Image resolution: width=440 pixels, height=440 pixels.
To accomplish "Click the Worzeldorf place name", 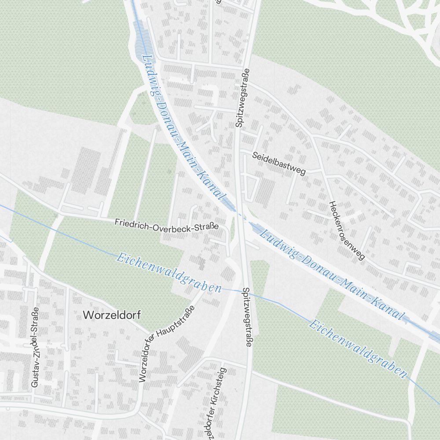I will click(x=106, y=315).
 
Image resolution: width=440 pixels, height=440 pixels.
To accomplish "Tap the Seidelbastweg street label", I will click(x=279, y=163).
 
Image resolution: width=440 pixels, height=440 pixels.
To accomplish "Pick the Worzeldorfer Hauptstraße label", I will click(x=166, y=343).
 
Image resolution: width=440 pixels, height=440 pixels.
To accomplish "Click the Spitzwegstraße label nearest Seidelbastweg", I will click(x=241, y=98).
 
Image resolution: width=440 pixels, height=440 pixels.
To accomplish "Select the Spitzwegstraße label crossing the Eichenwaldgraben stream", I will click(x=246, y=317).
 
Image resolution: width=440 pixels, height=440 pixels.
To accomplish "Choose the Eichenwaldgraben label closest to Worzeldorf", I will click(x=169, y=273).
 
